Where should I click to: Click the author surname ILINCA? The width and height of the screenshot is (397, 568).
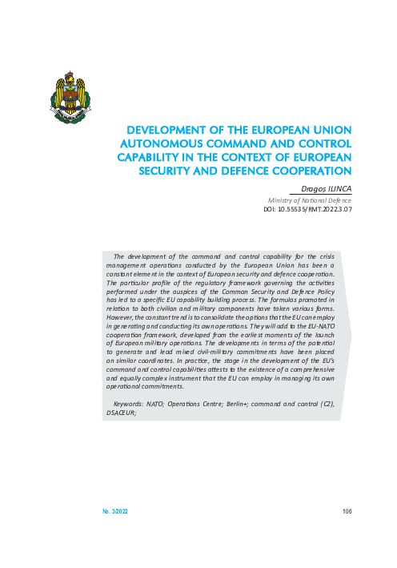(x=336, y=189)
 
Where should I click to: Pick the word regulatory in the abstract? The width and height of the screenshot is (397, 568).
(x=201, y=261)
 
